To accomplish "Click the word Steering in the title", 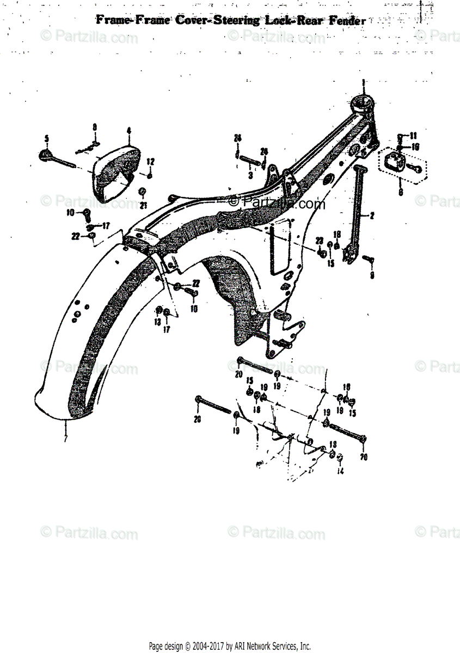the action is (233, 21).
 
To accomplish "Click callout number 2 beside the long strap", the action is (372, 216).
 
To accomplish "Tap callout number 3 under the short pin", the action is (250, 176).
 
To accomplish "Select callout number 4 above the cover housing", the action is (129, 131).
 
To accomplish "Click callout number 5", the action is (47, 138).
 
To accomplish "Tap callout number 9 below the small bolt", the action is (372, 275).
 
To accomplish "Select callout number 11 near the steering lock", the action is (413, 135).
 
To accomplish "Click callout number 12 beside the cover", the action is (151, 161).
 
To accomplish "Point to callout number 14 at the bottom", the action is (341, 471).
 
